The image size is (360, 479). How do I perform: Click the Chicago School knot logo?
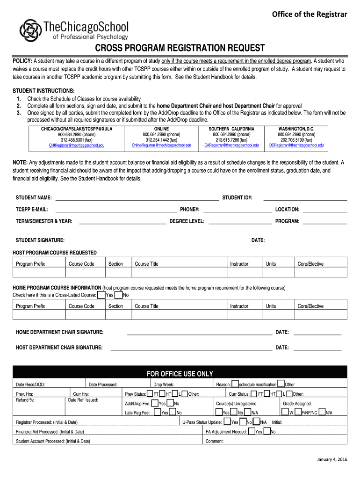[x=30, y=30]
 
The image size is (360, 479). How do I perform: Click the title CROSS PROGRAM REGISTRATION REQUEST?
[x=180, y=48]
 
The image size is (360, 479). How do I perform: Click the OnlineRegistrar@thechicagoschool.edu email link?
[x=161, y=145]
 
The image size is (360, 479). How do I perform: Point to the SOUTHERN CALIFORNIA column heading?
[x=231, y=129]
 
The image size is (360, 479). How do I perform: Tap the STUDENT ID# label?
[x=237, y=198]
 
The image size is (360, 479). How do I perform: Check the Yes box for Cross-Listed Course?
[x=101, y=295]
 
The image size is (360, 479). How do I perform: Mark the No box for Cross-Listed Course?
[x=119, y=295]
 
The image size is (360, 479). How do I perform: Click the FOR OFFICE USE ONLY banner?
[x=180, y=374]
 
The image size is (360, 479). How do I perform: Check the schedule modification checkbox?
[x=235, y=384]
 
